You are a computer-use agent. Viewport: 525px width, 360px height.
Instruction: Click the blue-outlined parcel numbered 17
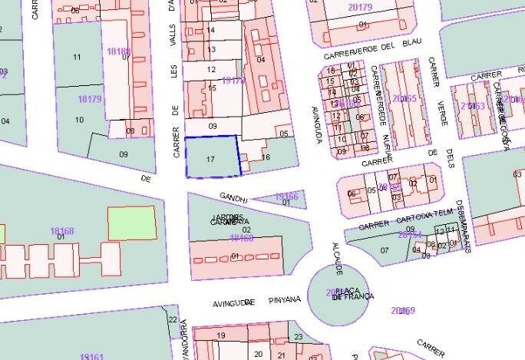point(212,157)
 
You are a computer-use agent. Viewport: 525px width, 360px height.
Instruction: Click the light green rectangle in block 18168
point(132,223)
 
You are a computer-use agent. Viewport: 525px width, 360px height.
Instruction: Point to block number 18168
point(62,231)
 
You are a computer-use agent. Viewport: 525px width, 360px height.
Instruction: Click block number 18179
point(90,99)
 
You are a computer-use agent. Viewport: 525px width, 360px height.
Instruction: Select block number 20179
point(360,8)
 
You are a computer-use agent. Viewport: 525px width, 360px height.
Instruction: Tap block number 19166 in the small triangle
point(286,197)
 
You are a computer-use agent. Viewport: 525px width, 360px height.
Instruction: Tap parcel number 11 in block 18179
point(77,58)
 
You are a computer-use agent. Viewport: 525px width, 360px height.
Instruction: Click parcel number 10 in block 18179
point(79,120)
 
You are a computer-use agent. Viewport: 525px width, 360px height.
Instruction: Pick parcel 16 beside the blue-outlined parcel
point(266,157)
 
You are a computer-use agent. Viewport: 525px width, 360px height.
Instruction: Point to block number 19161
point(91,356)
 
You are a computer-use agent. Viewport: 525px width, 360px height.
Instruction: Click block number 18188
point(118,51)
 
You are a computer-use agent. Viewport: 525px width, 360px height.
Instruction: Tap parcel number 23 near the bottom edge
point(299,337)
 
